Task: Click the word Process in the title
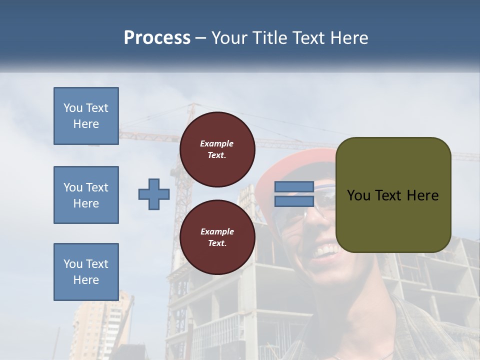pyautogui.click(x=157, y=38)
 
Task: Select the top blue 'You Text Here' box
pyautogui.click(x=86, y=116)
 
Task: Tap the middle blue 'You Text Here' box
pyautogui.click(x=86, y=195)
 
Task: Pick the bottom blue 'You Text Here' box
pyautogui.click(x=86, y=272)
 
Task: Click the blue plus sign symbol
pyautogui.click(x=154, y=194)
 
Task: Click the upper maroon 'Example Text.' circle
pyautogui.click(x=217, y=149)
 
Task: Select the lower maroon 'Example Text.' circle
pyautogui.click(x=217, y=237)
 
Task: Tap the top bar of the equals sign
pyautogui.click(x=294, y=187)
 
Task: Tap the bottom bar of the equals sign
pyautogui.click(x=294, y=201)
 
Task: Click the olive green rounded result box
pyautogui.click(x=393, y=195)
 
